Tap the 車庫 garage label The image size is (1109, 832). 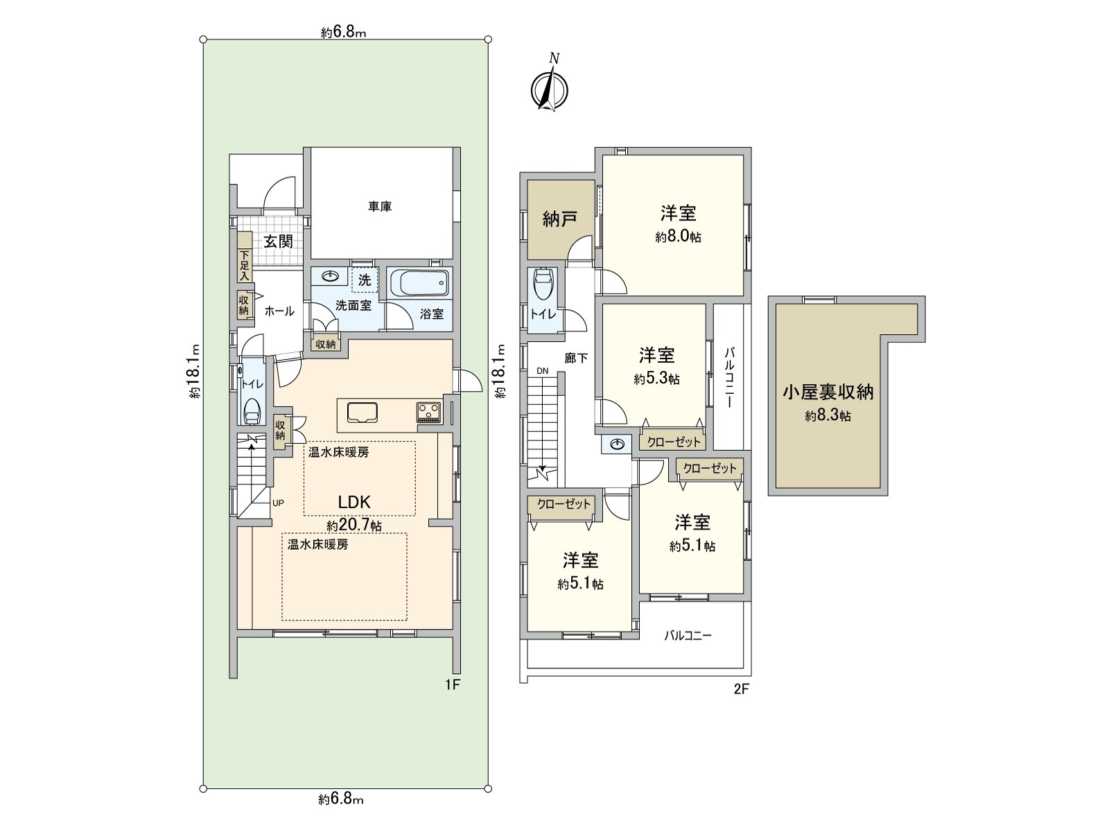point(380,207)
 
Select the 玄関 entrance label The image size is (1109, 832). point(278,241)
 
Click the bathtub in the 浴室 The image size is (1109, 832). point(420,284)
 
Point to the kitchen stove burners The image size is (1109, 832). point(428,412)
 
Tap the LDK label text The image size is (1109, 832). point(354,502)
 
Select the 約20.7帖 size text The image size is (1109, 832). point(354,526)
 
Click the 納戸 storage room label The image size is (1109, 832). point(559,220)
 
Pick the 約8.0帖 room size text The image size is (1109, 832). point(678,237)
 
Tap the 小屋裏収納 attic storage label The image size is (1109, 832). point(828,392)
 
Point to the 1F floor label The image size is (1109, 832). point(453,686)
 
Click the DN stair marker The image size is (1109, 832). point(542,371)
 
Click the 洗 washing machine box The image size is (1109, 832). point(365,280)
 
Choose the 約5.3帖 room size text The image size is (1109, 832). point(656,379)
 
